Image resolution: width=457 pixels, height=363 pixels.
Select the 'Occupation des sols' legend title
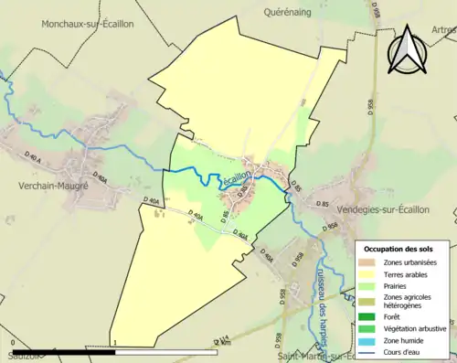399,249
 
